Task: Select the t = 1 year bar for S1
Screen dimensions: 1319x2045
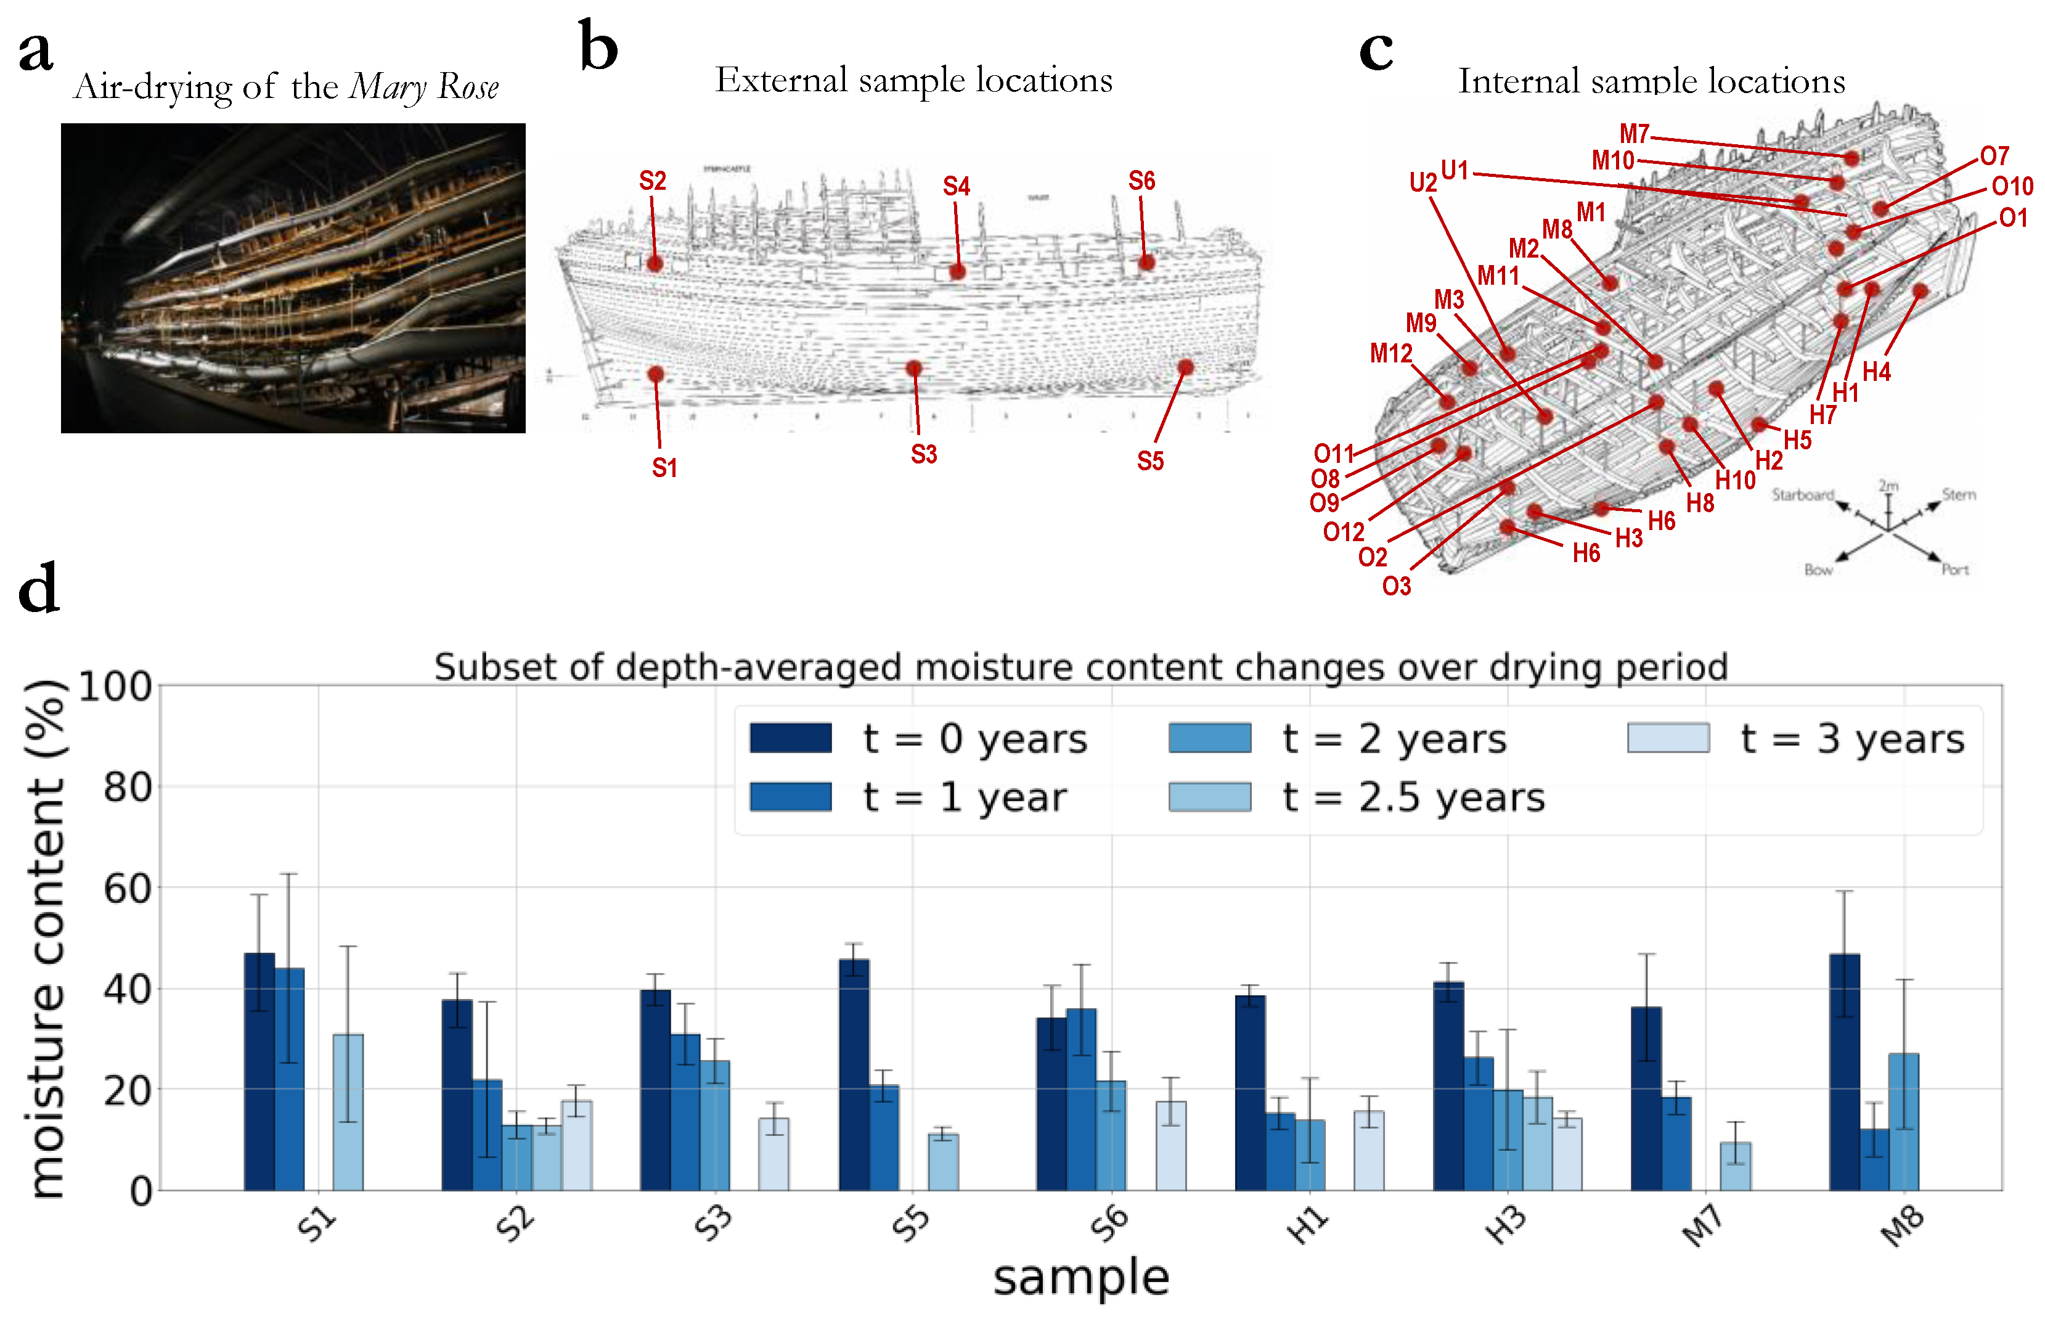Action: (290, 1079)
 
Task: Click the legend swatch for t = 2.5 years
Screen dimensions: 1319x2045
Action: (1209, 796)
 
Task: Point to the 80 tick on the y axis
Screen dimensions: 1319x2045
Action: (128, 787)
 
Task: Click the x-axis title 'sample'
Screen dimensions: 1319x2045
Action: (1080, 1278)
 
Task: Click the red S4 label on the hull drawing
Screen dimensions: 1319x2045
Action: (956, 186)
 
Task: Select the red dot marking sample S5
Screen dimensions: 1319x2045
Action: (1185, 367)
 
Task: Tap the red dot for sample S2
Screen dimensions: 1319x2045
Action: (655, 263)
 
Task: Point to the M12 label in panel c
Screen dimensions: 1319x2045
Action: (1390, 353)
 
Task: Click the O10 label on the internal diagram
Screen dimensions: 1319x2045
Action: (2012, 186)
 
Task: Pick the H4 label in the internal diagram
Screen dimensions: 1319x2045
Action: (1876, 371)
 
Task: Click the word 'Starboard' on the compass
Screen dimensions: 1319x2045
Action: (1803, 494)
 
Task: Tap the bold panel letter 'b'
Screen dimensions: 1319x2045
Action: (598, 47)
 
